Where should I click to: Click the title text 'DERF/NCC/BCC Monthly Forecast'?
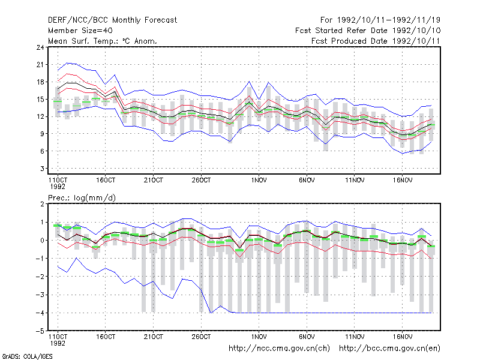112,20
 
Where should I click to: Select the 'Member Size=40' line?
80,31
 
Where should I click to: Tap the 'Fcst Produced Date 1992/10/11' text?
376,41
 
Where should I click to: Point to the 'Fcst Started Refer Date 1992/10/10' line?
368,31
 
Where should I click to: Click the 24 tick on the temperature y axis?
40,47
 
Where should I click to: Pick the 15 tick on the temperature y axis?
40,100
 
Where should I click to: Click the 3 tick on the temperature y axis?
42,169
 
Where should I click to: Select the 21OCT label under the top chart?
154,181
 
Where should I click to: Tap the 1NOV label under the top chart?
259,181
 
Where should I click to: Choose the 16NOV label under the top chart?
403,181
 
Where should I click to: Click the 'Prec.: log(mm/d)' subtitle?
82,198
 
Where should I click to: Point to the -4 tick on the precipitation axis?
40,313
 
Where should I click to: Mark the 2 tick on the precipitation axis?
42,204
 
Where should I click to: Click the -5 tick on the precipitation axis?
40,331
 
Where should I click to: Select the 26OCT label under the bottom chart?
201,337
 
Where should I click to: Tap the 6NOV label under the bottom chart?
307,337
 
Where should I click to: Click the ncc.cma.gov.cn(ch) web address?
279,349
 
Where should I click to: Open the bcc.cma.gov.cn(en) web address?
389,349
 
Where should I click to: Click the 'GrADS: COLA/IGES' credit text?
27,356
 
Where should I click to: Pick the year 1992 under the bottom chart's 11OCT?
58,343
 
